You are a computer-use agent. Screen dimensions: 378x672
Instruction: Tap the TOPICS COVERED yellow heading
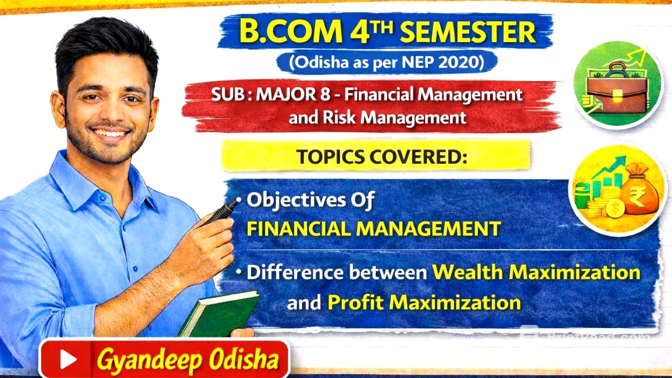click(381, 157)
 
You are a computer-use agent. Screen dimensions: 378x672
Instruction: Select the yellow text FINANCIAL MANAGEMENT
click(374, 229)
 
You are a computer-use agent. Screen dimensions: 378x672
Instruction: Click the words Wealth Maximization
click(536, 272)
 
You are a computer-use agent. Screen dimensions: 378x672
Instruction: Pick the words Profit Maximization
click(424, 302)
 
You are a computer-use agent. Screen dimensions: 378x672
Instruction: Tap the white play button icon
click(68, 360)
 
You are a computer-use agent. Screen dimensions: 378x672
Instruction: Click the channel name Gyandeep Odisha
click(187, 360)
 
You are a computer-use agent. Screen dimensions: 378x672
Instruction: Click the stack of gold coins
click(604, 202)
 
